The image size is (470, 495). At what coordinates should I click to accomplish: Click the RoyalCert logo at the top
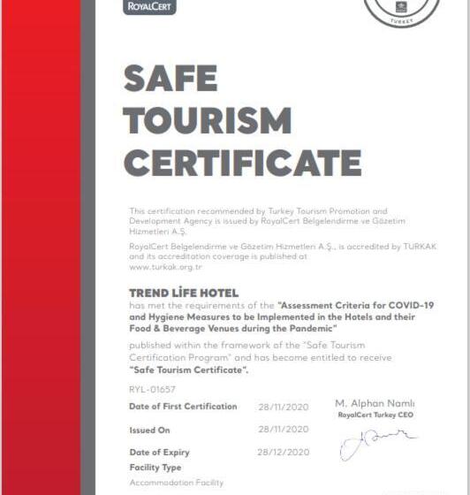click(152, 7)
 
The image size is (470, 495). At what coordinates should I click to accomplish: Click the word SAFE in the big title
click(171, 80)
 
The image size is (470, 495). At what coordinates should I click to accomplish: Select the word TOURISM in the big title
click(208, 120)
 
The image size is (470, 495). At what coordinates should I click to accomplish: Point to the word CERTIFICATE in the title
click(242, 163)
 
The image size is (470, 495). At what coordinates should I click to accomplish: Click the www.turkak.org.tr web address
click(165, 266)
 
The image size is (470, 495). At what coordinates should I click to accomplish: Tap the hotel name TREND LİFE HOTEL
click(184, 293)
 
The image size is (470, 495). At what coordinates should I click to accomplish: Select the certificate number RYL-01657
click(152, 388)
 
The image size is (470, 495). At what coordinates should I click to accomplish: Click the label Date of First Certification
click(183, 407)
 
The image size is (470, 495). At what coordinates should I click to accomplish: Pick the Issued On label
click(149, 430)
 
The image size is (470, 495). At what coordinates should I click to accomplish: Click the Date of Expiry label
click(159, 453)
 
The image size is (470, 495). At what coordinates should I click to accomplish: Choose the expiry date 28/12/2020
click(283, 452)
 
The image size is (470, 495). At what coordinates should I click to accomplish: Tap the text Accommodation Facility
click(176, 483)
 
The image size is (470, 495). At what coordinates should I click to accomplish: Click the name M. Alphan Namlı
click(375, 403)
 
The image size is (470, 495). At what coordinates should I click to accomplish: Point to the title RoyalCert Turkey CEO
click(375, 414)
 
